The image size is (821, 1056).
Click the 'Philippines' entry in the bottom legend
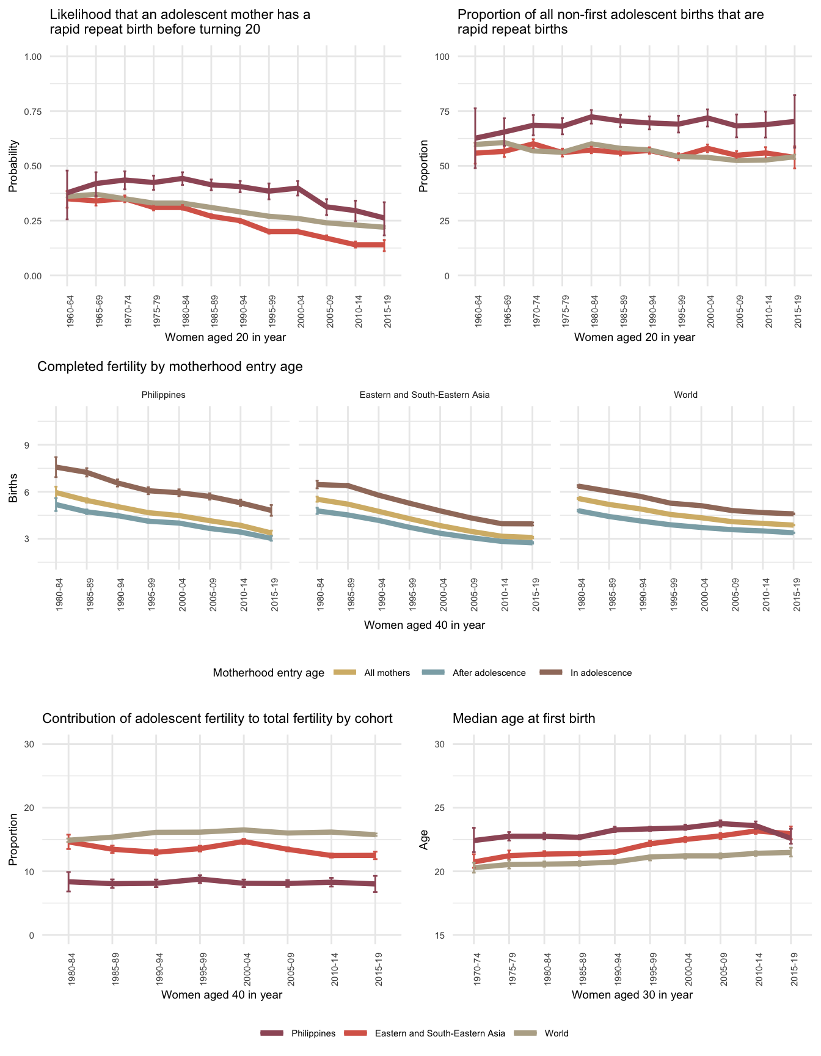[313, 1033]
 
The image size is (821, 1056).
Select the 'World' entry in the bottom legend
[556, 1033]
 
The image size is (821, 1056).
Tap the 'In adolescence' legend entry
[600, 673]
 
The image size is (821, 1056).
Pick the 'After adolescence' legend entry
[489, 673]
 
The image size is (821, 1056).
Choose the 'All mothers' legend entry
[387, 673]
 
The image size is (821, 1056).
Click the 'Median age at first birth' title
[524, 719]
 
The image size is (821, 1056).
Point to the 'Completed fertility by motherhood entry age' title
[170, 367]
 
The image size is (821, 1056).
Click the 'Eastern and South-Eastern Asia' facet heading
[425, 395]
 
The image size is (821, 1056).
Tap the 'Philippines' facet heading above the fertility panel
[163, 395]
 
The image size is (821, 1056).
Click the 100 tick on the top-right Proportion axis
[442, 57]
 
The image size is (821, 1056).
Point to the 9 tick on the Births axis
[27, 445]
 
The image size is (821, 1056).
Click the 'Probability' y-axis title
[13, 166]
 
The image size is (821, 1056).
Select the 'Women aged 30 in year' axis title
[632, 995]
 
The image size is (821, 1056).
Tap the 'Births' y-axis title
[13, 492]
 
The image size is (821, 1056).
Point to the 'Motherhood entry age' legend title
[268, 673]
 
